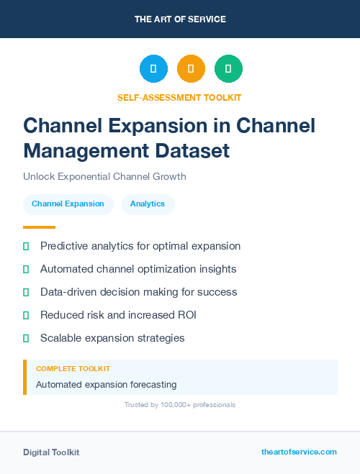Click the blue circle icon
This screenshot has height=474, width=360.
point(153,69)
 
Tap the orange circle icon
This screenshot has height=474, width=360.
point(191,69)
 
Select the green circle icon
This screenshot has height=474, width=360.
point(228,69)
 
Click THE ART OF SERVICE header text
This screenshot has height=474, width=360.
point(180,19)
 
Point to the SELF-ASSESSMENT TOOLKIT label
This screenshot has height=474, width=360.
point(179,97)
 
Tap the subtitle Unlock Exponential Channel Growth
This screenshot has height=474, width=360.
point(104,176)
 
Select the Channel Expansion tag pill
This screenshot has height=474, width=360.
point(68,204)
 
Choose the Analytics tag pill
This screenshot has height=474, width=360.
point(148,204)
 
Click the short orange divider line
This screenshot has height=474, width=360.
point(39,227)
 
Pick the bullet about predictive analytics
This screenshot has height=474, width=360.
point(140,246)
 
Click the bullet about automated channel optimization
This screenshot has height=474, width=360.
point(138,269)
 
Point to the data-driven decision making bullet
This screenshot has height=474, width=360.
point(138,292)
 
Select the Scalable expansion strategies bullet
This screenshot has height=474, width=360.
point(112,338)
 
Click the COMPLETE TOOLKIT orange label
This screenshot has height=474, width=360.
point(73,368)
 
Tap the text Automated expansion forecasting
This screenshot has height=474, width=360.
point(106,384)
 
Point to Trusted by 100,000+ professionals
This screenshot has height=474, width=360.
point(179,405)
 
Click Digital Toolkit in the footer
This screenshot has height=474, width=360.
point(51,452)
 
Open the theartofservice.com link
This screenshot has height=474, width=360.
point(299,452)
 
